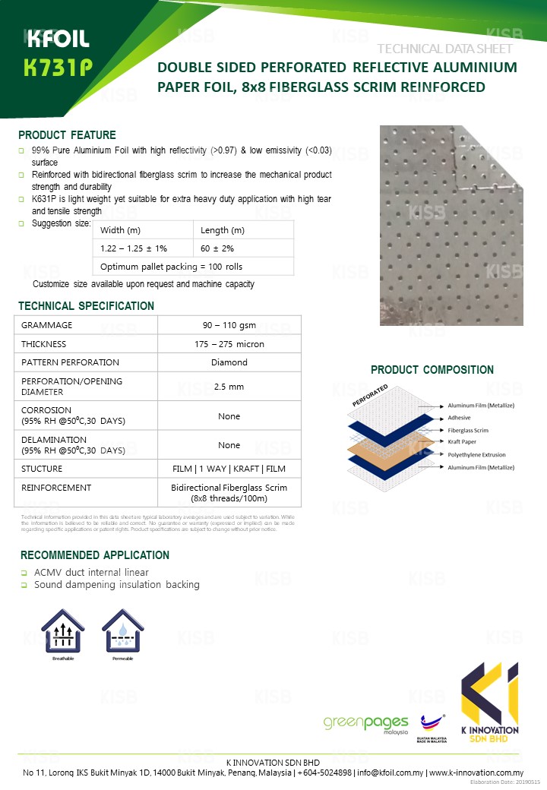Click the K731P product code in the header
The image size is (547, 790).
click(x=58, y=69)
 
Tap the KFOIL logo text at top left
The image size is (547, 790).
click(x=57, y=39)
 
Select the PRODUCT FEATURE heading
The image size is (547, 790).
click(x=67, y=135)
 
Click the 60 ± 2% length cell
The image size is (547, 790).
click(x=217, y=248)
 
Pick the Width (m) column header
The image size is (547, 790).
click(x=120, y=230)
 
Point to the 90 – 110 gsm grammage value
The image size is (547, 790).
click(x=229, y=325)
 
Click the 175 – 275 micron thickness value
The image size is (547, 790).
click(x=229, y=344)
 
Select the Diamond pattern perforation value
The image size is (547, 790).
click(x=229, y=362)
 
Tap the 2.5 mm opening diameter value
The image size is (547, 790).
click(x=229, y=387)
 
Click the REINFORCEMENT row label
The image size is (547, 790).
click(x=56, y=488)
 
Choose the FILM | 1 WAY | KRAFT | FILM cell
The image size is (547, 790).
click(x=229, y=469)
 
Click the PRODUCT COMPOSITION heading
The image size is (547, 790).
click(x=432, y=370)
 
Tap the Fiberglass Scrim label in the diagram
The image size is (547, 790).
click(x=470, y=430)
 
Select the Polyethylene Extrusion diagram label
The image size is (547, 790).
click(x=481, y=454)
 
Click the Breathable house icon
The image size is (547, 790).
click(x=63, y=631)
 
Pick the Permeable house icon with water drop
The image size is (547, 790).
click(x=122, y=631)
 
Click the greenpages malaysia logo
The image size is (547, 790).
click(x=365, y=724)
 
